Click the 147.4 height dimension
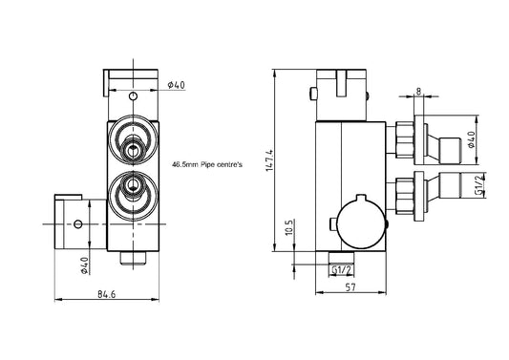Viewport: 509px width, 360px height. [270, 160]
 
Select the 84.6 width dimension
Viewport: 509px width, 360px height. [106, 294]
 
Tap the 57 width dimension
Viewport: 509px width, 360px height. [350, 287]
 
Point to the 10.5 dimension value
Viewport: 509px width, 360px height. [290, 227]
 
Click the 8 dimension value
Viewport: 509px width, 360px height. [419, 92]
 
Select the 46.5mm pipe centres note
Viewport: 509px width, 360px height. [207, 164]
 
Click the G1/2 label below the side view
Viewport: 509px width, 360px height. [342, 269]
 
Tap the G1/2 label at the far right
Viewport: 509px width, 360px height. [479, 184]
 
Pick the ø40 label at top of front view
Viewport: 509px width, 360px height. [177, 85]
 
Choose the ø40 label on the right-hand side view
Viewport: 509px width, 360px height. [471, 139]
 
